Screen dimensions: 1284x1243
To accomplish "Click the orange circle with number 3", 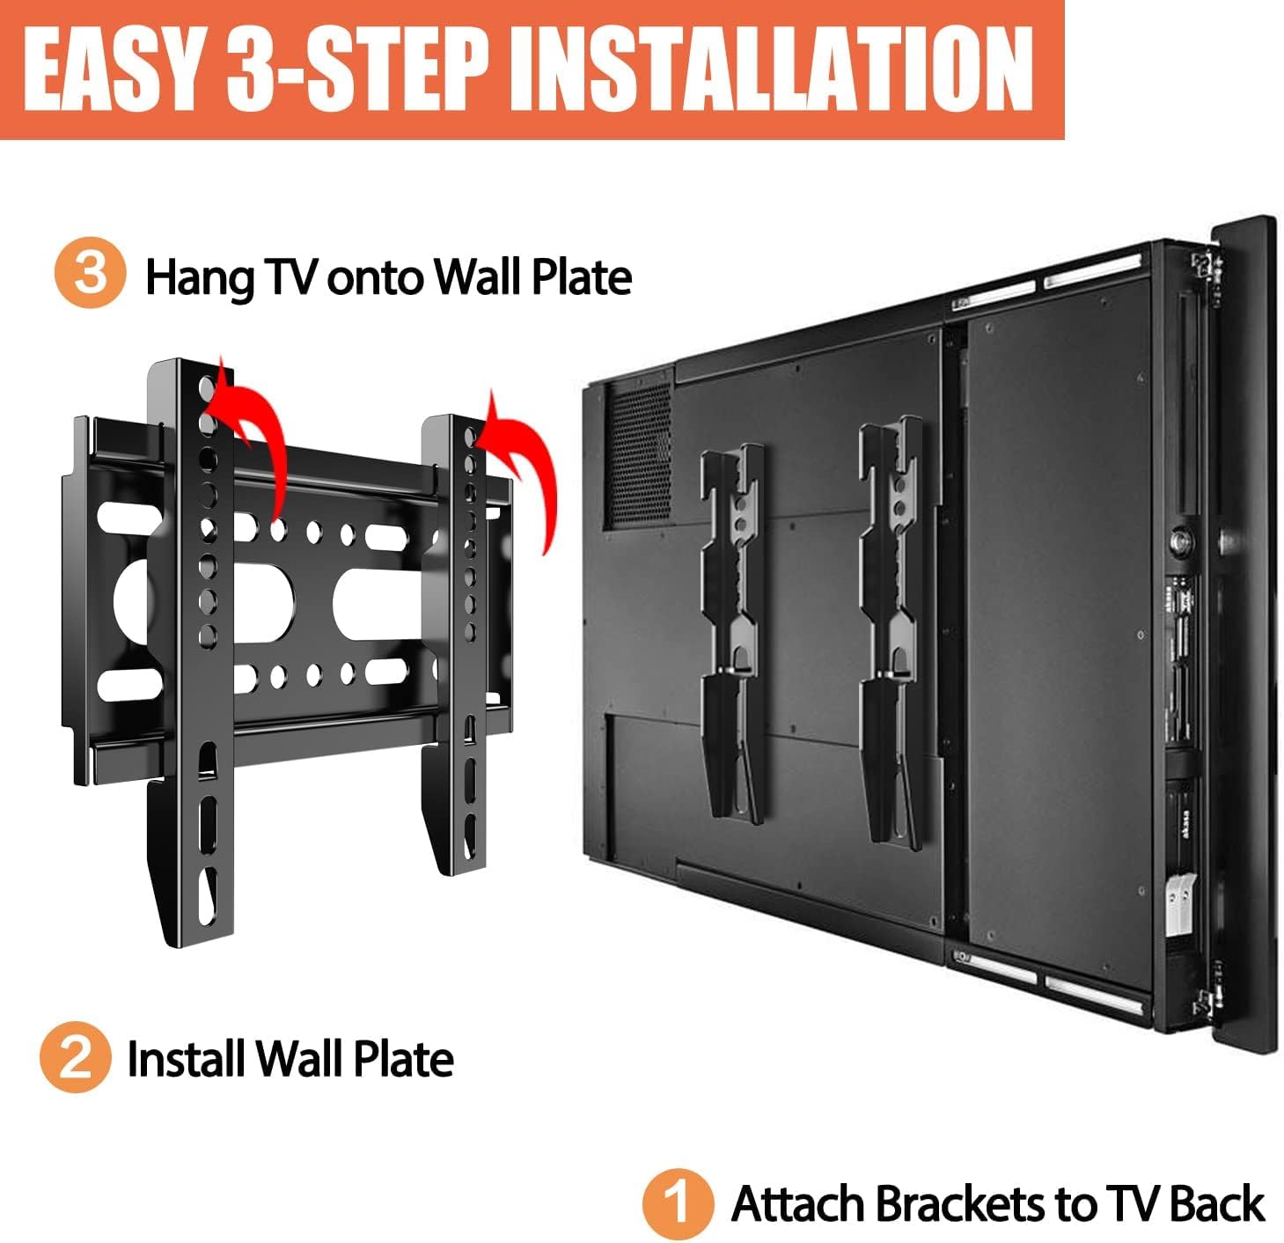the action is (91, 273).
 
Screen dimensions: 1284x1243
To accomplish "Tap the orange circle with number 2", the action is (75, 1057).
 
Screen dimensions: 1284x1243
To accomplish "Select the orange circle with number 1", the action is (678, 1203).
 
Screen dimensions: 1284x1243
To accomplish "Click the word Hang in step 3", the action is (199, 278).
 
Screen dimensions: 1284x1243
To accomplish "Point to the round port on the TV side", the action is (1178, 542).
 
